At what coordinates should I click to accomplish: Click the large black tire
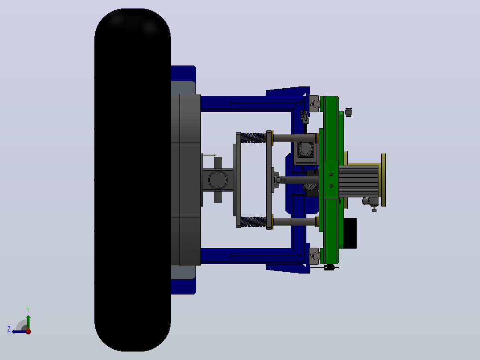click(x=133, y=180)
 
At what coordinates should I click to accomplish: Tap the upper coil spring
click(x=253, y=138)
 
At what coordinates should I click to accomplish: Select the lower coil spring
click(x=253, y=222)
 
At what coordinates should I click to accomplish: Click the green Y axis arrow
click(x=28, y=322)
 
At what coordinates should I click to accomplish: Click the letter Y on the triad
click(x=28, y=310)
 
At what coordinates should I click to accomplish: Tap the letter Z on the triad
click(x=9, y=329)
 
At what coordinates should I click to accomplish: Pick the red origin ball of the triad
click(x=28, y=331)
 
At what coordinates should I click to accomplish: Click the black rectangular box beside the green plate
click(x=350, y=233)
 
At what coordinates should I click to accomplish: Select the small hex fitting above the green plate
click(x=348, y=112)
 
